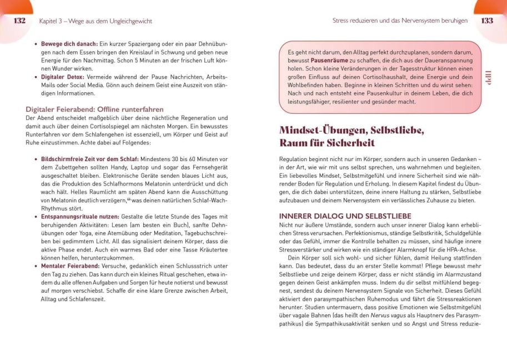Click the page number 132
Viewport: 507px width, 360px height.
click(19, 21)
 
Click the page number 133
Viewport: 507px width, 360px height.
click(487, 21)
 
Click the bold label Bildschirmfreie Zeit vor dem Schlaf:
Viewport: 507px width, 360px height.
click(91, 158)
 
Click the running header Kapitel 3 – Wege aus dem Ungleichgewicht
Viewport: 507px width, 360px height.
click(96, 21)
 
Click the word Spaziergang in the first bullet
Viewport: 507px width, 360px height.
click(157, 43)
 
